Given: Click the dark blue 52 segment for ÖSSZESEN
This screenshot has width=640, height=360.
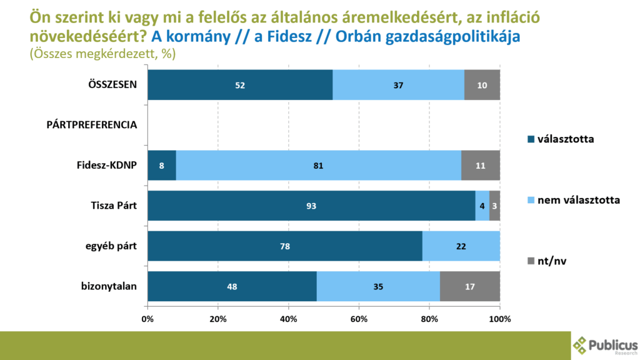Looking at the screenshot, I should [240, 84].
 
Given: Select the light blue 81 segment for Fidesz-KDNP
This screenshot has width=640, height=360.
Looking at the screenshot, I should [319, 166].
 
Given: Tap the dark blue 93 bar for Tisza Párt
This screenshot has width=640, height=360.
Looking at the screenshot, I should [311, 206].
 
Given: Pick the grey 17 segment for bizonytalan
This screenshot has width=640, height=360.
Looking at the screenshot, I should [470, 287].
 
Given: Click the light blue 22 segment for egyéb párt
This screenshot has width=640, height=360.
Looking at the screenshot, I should [461, 246].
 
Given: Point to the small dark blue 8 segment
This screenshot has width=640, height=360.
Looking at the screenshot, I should [162, 166].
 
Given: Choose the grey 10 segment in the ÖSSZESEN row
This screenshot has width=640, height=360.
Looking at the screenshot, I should [482, 84].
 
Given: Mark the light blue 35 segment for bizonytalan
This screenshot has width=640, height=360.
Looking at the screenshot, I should [378, 287].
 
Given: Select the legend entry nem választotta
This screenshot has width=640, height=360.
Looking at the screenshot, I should [571, 200].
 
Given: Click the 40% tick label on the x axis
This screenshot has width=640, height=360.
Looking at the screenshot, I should [289, 319].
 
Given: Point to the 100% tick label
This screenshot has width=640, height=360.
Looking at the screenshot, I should [500, 319].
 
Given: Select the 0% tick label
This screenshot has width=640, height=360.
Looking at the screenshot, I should [147, 319].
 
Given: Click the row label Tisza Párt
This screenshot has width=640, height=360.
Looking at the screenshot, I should [114, 206].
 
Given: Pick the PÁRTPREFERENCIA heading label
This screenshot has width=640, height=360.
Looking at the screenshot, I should [92, 125].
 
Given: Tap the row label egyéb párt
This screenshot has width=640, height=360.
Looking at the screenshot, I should [112, 246].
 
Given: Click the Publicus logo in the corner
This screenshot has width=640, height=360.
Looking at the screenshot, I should [605, 346].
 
